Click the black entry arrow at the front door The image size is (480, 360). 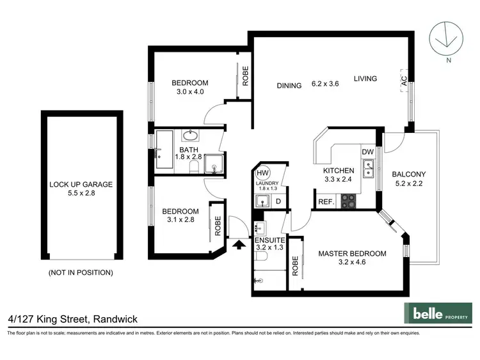[x=237, y=244]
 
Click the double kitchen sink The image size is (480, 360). [x=367, y=169]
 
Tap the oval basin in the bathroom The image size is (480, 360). [x=191, y=136]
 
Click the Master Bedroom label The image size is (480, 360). [x=352, y=254]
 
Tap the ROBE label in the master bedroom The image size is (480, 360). [x=295, y=265]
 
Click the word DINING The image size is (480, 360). [x=289, y=86]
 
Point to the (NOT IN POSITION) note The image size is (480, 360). [x=81, y=272]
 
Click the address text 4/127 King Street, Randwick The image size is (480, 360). [x=72, y=318]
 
